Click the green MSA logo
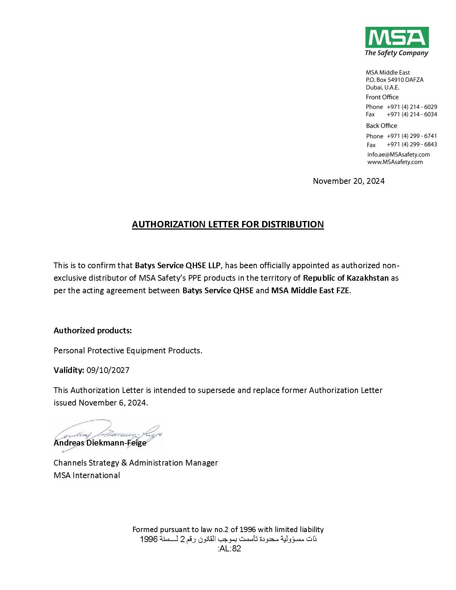tap(397, 38)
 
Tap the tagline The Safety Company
tap(396, 53)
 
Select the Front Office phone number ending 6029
tap(412, 107)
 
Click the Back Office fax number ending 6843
tap(412, 144)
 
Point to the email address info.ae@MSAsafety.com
tap(398, 154)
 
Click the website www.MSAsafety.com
tap(395, 162)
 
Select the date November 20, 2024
tap(349, 181)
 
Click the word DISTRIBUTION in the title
tap(293, 224)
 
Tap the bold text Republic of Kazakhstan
tap(346, 278)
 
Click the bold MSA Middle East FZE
tap(310, 290)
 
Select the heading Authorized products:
tap(93, 330)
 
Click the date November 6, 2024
tap(113, 403)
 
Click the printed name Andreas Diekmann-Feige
tap(100, 443)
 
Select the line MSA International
tap(87, 475)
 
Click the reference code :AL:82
tap(229, 549)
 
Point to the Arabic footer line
tap(228, 539)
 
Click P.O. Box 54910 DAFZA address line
tap(394, 80)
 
